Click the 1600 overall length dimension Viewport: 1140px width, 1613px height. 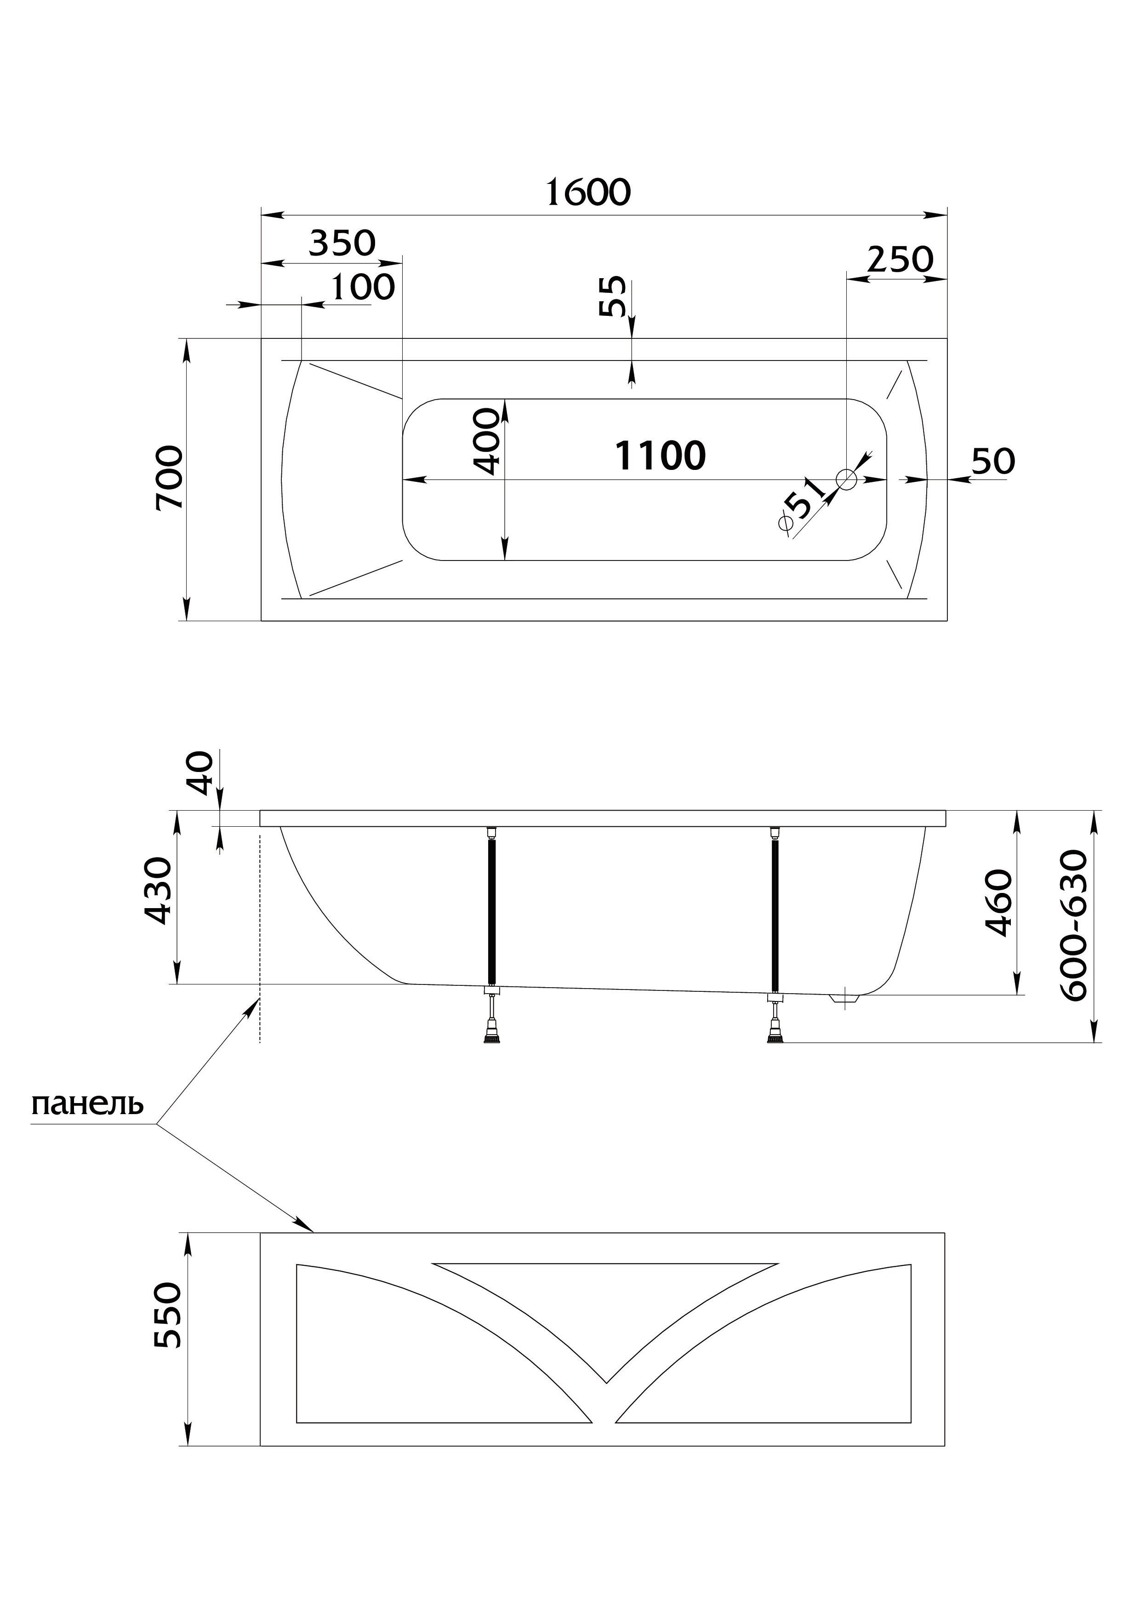588,193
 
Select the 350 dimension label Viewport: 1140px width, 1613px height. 343,244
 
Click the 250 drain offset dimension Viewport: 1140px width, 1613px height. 900,259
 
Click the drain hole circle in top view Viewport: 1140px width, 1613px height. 846,480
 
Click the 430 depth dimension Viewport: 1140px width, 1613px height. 157,891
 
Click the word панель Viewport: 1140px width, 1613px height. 87,1104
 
